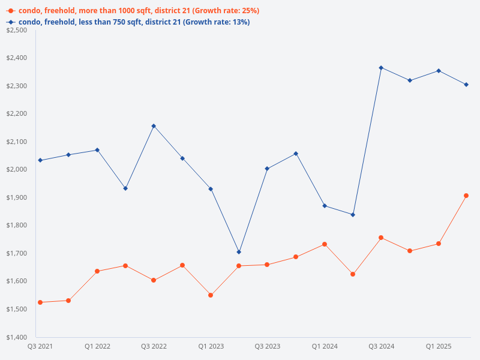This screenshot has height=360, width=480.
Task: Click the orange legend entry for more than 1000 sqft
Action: (132, 11)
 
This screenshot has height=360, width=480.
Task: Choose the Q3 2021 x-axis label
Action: (40, 346)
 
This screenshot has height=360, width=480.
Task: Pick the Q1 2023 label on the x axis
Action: (211, 346)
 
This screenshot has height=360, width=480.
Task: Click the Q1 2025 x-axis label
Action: (439, 346)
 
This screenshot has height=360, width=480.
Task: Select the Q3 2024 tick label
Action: (381, 346)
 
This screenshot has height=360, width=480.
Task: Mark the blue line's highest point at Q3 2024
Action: (381, 68)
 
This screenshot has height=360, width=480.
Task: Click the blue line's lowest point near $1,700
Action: (239, 252)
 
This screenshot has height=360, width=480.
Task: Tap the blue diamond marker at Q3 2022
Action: (154, 126)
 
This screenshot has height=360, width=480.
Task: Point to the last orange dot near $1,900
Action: (466, 196)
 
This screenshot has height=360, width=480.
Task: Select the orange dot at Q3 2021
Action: (40, 302)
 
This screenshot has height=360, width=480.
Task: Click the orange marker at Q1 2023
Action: (211, 295)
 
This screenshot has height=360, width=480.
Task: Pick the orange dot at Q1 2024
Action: (325, 244)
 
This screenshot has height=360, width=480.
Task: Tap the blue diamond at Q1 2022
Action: (97, 150)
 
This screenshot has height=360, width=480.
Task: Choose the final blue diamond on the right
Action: (466, 85)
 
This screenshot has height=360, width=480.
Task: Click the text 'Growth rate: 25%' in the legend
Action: (226, 11)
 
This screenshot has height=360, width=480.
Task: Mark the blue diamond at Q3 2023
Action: (267, 169)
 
